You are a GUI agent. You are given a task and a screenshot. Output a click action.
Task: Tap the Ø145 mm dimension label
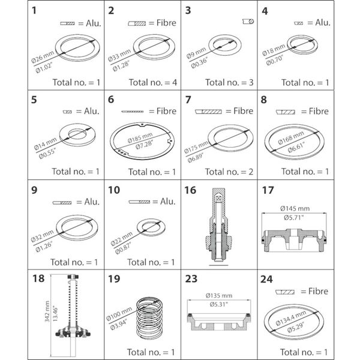[294, 208]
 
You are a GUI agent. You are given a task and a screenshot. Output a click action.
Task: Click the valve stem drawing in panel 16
[219, 227]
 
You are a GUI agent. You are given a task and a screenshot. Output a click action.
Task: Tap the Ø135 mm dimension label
[218, 295]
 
